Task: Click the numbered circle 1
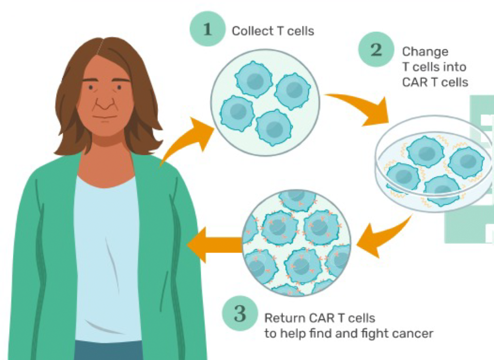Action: click(207, 29)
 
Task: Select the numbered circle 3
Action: click(240, 314)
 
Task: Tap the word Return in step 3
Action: click(280, 318)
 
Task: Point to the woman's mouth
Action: click(105, 117)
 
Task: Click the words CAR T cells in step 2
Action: click(435, 82)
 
